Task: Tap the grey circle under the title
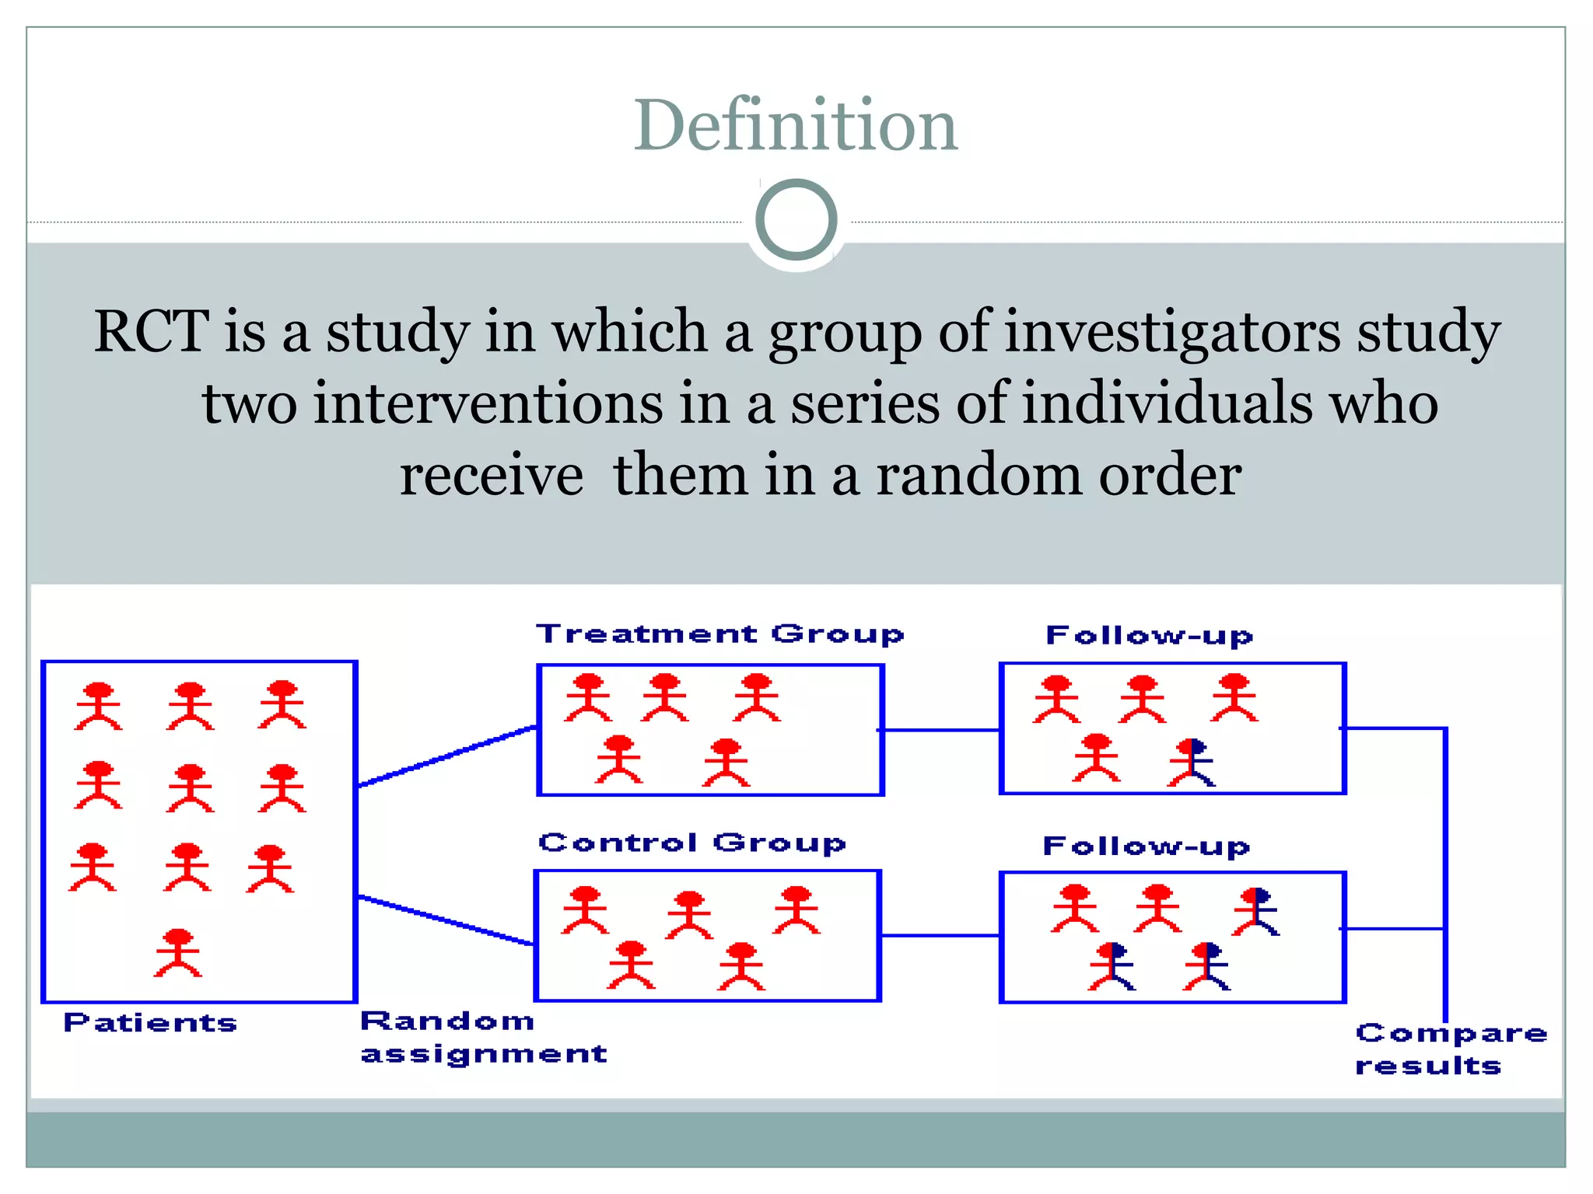[x=796, y=220]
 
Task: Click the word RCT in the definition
[x=151, y=331]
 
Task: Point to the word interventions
[x=487, y=403]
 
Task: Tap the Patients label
[x=150, y=1022]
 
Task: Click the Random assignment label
[x=482, y=1037]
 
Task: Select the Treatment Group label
[x=719, y=634]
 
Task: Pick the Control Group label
[x=691, y=843]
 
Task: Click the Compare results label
[x=1450, y=1049]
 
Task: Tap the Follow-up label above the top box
[x=1149, y=636]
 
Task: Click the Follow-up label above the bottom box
[x=1146, y=846]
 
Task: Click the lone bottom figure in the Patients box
[x=178, y=952]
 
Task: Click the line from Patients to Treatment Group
[x=446, y=756]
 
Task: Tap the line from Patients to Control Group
[x=445, y=920]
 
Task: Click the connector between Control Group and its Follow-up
[x=940, y=935]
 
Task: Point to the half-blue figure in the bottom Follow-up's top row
[x=1255, y=911]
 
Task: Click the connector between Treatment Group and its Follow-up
[x=940, y=730]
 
